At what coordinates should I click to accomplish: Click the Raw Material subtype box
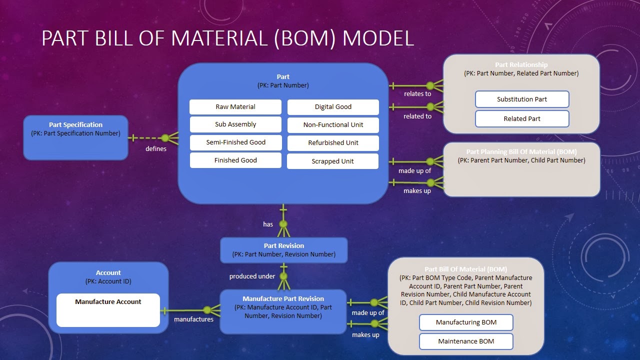235,107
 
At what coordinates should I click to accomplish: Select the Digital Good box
333,107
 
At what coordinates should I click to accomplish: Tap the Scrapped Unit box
333,161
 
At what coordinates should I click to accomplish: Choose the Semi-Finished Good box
235,142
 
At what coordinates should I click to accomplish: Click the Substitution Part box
522,99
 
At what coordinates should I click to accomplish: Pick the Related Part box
522,118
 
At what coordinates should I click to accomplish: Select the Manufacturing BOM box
466,322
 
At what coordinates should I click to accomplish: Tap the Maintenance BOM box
466,341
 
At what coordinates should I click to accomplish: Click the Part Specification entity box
75,137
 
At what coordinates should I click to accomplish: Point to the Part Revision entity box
283,250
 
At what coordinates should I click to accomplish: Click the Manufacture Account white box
108,310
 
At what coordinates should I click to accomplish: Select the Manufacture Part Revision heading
283,299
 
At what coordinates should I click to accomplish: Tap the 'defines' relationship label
156,148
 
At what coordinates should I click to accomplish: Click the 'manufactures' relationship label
193,319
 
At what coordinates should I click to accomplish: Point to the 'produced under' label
252,276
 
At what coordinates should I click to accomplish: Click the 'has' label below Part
268,224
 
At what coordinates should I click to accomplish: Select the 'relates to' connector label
417,93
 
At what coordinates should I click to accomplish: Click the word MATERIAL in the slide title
221,38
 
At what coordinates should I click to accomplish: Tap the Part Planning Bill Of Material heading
521,151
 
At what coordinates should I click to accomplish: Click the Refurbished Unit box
333,142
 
